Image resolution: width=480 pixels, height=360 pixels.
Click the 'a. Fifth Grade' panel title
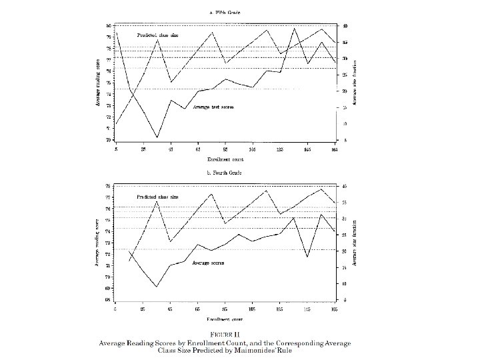(x=226, y=12)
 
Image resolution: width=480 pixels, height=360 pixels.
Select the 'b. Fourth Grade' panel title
(x=226, y=172)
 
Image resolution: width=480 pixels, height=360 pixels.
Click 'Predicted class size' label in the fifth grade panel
(x=157, y=35)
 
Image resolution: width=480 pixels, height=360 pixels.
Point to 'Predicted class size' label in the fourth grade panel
(x=157, y=197)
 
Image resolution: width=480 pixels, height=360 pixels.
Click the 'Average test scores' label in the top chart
(x=213, y=107)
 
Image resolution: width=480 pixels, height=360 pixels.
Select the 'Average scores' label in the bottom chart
(x=208, y=263)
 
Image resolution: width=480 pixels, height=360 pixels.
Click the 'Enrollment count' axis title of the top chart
(x=225, y=159)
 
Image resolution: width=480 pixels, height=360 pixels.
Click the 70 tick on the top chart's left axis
(x=108, y=140)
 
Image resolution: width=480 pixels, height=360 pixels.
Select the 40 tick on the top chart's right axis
(x=344, y=26)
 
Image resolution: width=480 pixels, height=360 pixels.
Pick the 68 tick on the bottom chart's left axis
(x=108, y=300)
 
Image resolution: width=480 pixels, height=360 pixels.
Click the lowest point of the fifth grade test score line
(x=157, y=137)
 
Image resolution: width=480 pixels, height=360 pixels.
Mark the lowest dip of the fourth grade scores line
(x=157, y=287)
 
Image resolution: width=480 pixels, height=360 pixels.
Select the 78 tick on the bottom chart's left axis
(x=108, y=185)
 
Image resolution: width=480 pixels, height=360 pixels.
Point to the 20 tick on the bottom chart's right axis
(x=344, y=251)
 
